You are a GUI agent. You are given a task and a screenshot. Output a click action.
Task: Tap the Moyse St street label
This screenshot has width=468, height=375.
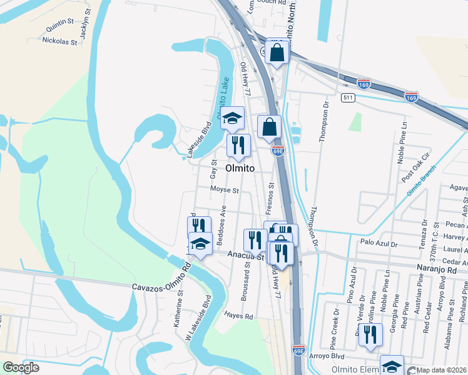point(225,189)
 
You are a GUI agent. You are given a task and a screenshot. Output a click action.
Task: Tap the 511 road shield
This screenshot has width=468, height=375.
point(348,98)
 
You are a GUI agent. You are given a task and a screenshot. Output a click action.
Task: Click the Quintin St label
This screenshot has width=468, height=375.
point(60,29)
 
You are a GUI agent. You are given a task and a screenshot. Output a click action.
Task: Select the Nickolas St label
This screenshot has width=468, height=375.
point(59,42)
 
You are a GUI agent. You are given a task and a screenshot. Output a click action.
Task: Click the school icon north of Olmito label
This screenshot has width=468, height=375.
point(232,118)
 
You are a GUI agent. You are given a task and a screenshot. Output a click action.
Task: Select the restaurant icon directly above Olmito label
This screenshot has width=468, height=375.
point(238,146)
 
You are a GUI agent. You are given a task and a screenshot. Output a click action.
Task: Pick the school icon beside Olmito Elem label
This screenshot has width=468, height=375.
point(392,366)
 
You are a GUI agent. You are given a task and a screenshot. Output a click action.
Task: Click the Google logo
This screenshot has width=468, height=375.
point(21,367)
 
